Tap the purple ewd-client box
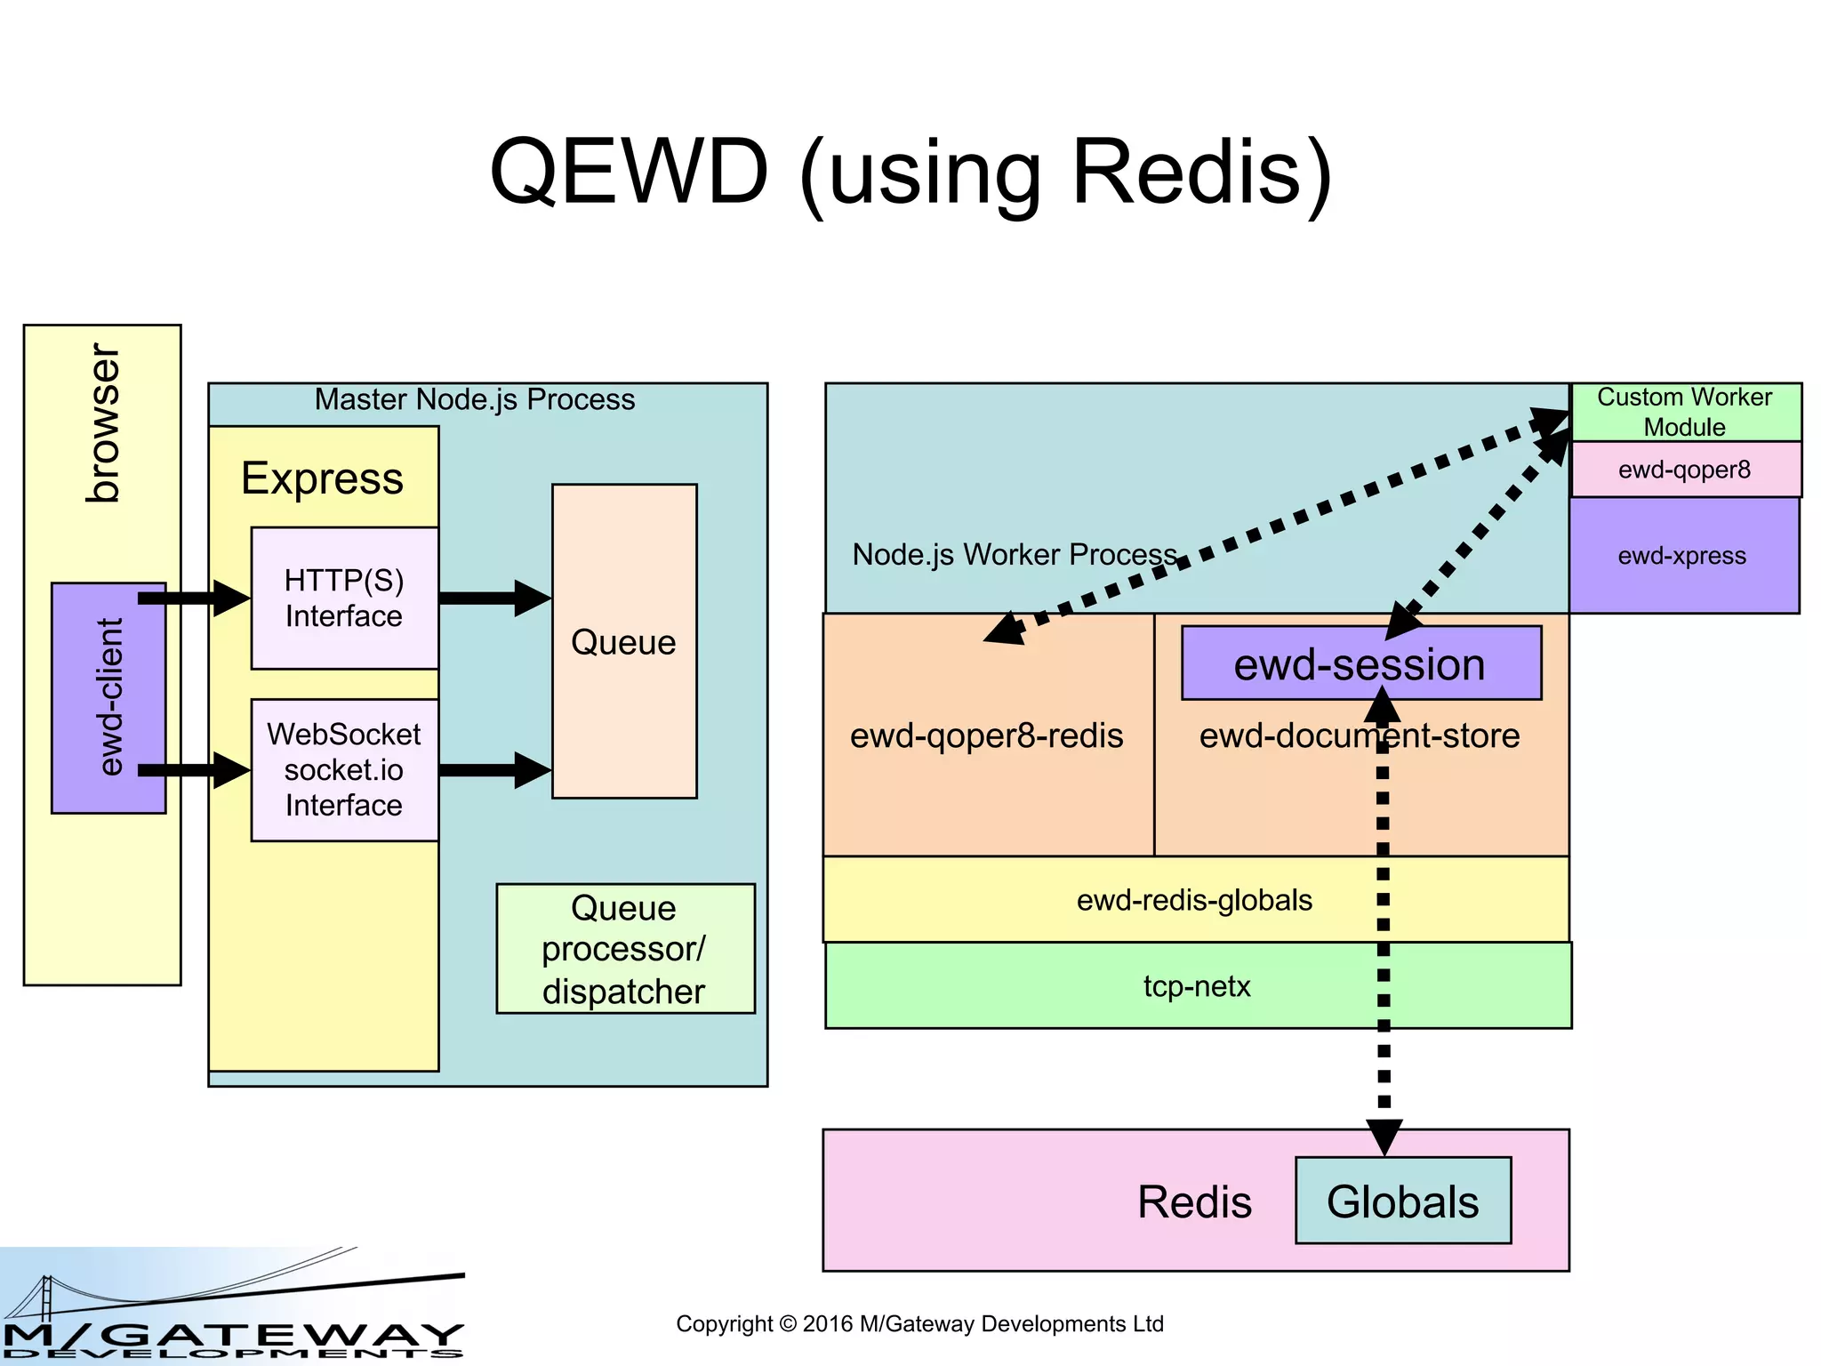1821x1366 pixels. coord(108,698)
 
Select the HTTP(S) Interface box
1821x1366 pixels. coord(344,598)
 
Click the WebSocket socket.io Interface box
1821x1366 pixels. coord(344,769)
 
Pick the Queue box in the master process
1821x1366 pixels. coord(623,642)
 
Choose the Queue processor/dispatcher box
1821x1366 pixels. coord(624,949)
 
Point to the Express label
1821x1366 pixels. coord(322,478)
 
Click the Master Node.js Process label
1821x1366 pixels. coord(475,399)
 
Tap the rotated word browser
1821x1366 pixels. coord(102,423)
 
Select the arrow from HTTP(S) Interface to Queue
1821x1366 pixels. coord(493,598)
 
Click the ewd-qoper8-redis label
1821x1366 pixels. coord(986,735)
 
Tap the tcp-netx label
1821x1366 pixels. coord(1197,986)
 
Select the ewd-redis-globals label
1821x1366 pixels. coord(1194,900)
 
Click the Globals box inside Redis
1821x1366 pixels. coord(1402,1201)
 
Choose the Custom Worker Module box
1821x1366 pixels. coord(1685,411)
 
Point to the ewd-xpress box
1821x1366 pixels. coord(1682,556)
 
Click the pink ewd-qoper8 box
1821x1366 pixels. coord(1684,470)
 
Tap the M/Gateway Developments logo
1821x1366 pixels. coord(231,1307)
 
